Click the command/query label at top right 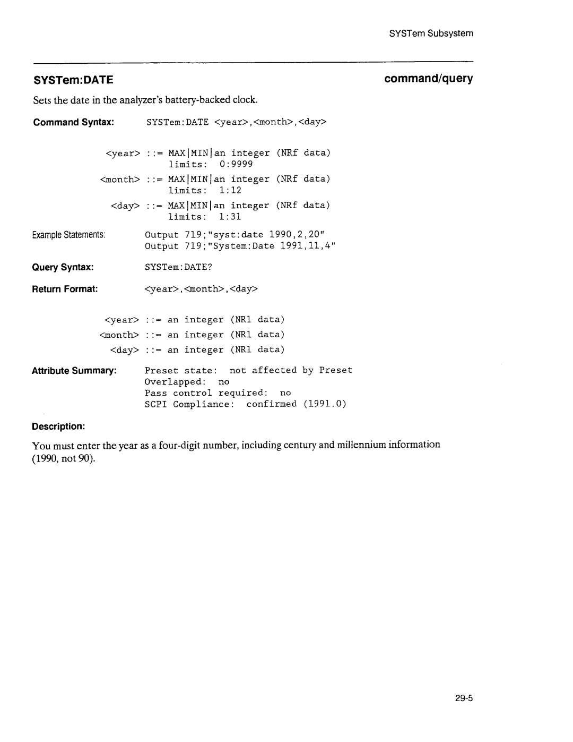click(x=429, y=79)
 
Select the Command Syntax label click(x=74, y=122)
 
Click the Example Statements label click(x=70, y=235)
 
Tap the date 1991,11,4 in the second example click(x=306, y=246)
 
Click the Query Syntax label click(x=63, y=267)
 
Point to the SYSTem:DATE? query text click(x=178, y=267)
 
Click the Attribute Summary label click(x=74, y=370)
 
